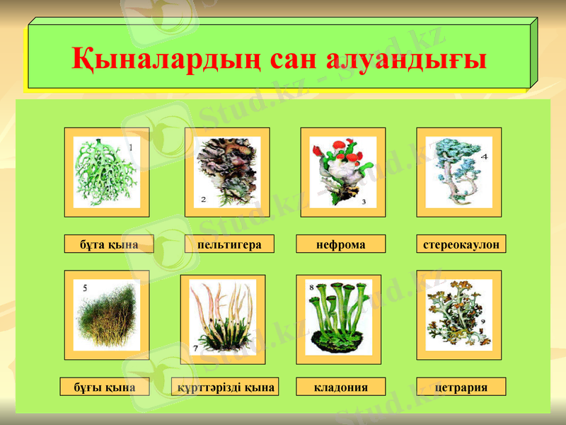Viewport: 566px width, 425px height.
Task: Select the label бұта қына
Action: pyautogui.click(x=106, y=244)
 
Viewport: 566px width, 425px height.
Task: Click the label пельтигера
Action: pyautogui.click(x=229, y=244)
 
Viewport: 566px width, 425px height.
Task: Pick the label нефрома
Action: pyautogui.click(x=341, y=244)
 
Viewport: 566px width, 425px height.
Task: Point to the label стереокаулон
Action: pyautogui.click(x=461, y=244)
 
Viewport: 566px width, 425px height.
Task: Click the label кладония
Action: pyautogui.click(x=341, y=387)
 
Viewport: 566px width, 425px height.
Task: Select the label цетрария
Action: pyautogui.click(x=461, y=387)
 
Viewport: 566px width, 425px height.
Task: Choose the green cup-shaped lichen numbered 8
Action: pyautogui.click(x=338, y=317)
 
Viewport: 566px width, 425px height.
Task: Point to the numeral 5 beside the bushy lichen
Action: pyautogui.click(x=85, y=288)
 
